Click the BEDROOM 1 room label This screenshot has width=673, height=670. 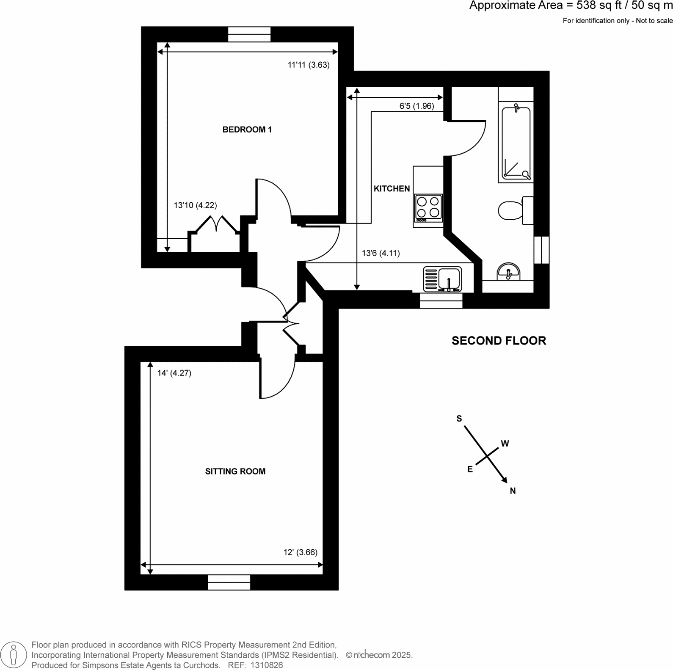pyautogui.click(x=247, y=130)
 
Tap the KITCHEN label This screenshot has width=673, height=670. pyautogui.click(x=392, y=189)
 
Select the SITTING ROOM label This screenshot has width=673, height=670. pyautogui.click(x=235, y=471)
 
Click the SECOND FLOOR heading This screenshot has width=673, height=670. pyautogui.click(x=499, y=341)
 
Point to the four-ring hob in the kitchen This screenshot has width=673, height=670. pyautogui.click(x=428, y=208)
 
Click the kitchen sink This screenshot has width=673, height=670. pyautogui.click(x=442, y=279)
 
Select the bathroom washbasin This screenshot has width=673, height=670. pyautogui.click(x=508, y=272)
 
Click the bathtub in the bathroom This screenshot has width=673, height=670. pyautogui.click(x=516, y=143)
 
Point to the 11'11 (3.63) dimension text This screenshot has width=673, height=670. pyautogui.click(x=308, y=65)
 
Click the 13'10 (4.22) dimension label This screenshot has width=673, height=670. pyautogui.click(x=195, y=205)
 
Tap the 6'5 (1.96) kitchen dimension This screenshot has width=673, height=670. pyautogui.click(x=416, y=106)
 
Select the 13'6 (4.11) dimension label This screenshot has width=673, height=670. pyautogui.click(x=381, y=254)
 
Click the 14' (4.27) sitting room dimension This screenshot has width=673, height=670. pyautogui.click(x=174, y=373)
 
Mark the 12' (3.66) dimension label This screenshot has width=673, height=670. pyautogui.click(x=300, y=552)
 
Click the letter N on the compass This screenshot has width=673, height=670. pyautogui.click(x=513, y=491)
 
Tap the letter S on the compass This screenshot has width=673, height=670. pyautogui.click(x=459, y=419)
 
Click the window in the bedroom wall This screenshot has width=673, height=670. pyautogui.click(x=249, y=34)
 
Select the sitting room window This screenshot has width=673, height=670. pyautogui.click(x=229, y=582)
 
